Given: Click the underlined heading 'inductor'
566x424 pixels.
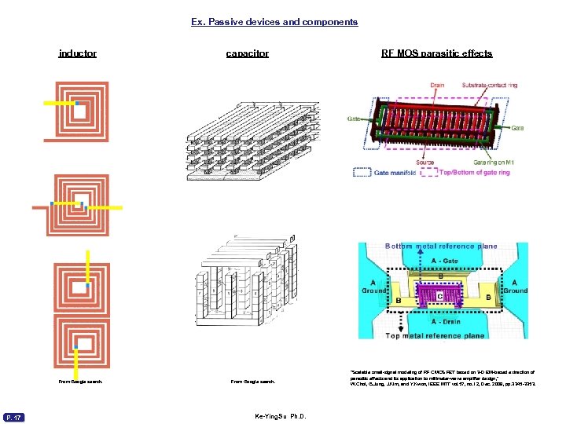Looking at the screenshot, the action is pos(78,53).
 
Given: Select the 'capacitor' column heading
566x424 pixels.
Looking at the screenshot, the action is pos(247,53).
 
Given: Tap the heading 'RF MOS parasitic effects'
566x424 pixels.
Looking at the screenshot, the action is pos(436,53).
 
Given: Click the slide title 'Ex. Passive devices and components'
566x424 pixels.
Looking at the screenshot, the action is pos(274,22).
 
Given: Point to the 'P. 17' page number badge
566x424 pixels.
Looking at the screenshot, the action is pos(14,417).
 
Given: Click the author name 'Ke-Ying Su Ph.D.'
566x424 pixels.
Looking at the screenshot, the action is pos(280,416).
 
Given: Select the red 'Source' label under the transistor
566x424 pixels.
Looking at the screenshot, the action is pos(424,163).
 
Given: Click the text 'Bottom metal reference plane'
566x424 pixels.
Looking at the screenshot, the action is pos(440,247).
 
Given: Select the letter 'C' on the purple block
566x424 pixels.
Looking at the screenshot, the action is pos(440,295).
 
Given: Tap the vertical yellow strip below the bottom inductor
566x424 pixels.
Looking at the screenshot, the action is pos(76,361).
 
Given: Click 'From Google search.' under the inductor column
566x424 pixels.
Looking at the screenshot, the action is pos(80,382).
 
